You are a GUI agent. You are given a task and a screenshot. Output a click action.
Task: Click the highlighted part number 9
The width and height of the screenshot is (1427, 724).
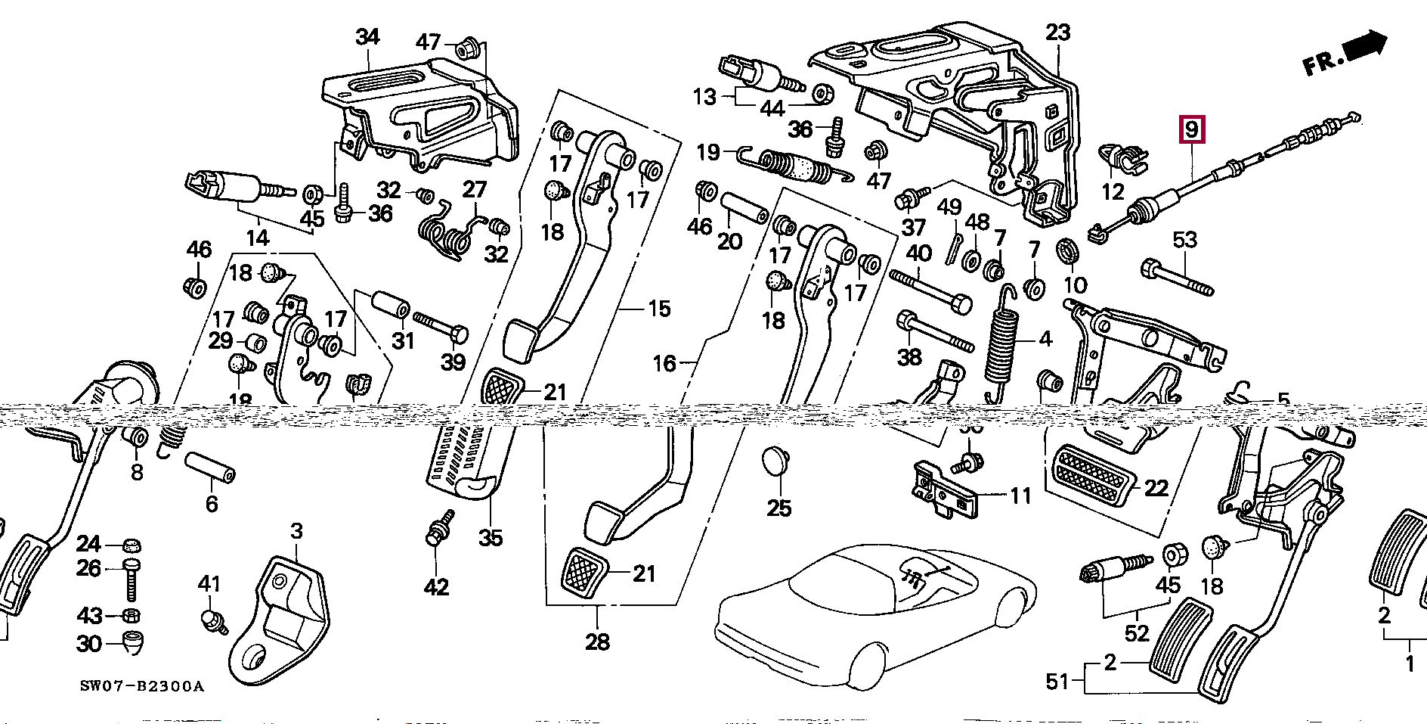[1191, 130]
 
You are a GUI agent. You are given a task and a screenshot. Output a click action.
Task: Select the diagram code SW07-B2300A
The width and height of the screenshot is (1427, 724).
[142, 687]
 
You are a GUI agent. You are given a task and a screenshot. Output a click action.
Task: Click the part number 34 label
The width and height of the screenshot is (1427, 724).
[367, 36]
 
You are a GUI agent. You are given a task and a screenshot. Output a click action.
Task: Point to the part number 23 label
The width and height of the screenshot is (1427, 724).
[1057, 33]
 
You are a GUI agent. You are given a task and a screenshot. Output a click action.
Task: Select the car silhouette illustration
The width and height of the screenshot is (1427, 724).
[869, 613]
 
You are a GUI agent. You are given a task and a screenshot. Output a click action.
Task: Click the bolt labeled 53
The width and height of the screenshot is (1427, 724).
[1176, 277]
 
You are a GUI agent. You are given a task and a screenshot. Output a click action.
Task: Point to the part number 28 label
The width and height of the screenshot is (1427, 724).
[597, 642]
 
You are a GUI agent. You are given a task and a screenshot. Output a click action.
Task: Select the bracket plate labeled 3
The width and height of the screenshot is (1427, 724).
[280, 620]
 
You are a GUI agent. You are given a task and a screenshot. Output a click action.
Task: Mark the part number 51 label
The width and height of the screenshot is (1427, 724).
[1057, 682]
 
